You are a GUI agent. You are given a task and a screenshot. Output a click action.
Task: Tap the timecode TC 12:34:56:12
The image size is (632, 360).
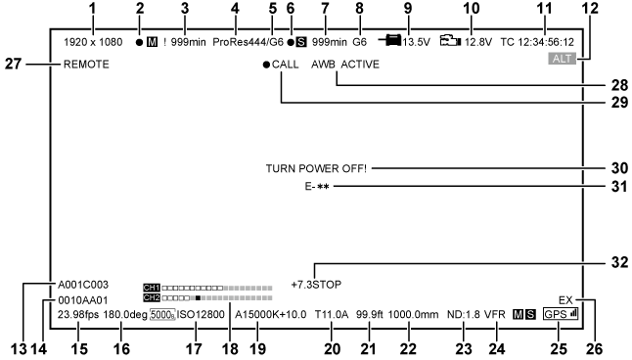pyautogui.click(x=537, y=42)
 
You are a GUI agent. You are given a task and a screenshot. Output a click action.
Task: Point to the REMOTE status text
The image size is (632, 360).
pyautogui.click(x=86, y=65)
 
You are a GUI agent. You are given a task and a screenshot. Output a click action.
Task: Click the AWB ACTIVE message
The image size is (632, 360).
pyautogui.click(x=345, y=65)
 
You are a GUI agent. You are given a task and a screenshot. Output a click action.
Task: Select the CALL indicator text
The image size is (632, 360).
pyautogui.click(x=287, y=65)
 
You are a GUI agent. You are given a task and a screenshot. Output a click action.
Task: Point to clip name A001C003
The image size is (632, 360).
pyautogui.click(x=85, y=285)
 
